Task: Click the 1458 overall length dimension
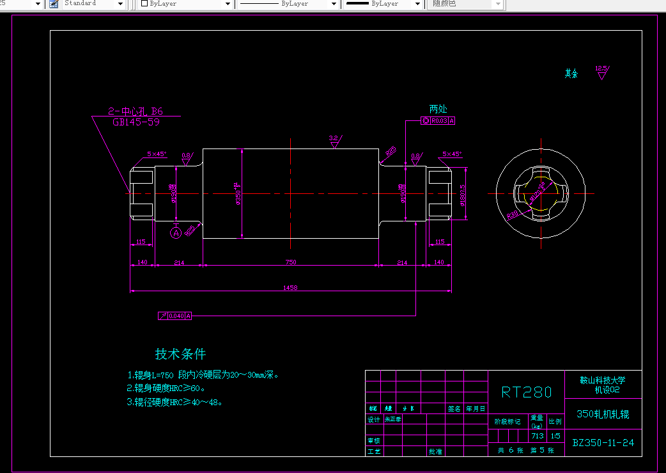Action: click(290, 288)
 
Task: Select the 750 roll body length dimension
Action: click(290, 262)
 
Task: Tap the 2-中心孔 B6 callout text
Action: click(136, 111)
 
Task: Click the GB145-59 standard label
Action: click(136, 122)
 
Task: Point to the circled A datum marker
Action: click(176, 233)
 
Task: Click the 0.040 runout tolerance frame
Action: click(175, 316)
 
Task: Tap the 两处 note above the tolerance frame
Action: click(438, 109)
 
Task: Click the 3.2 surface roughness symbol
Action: click(334, 141)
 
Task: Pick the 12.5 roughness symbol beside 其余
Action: click(601, 71)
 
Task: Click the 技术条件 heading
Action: click(180, 354)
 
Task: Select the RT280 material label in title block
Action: click(526, 392)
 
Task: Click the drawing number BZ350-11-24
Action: click(603, 442)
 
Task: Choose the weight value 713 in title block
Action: click(537, 436)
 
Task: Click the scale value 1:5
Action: click(555, 436)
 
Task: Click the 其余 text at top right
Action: click(571, 74)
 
